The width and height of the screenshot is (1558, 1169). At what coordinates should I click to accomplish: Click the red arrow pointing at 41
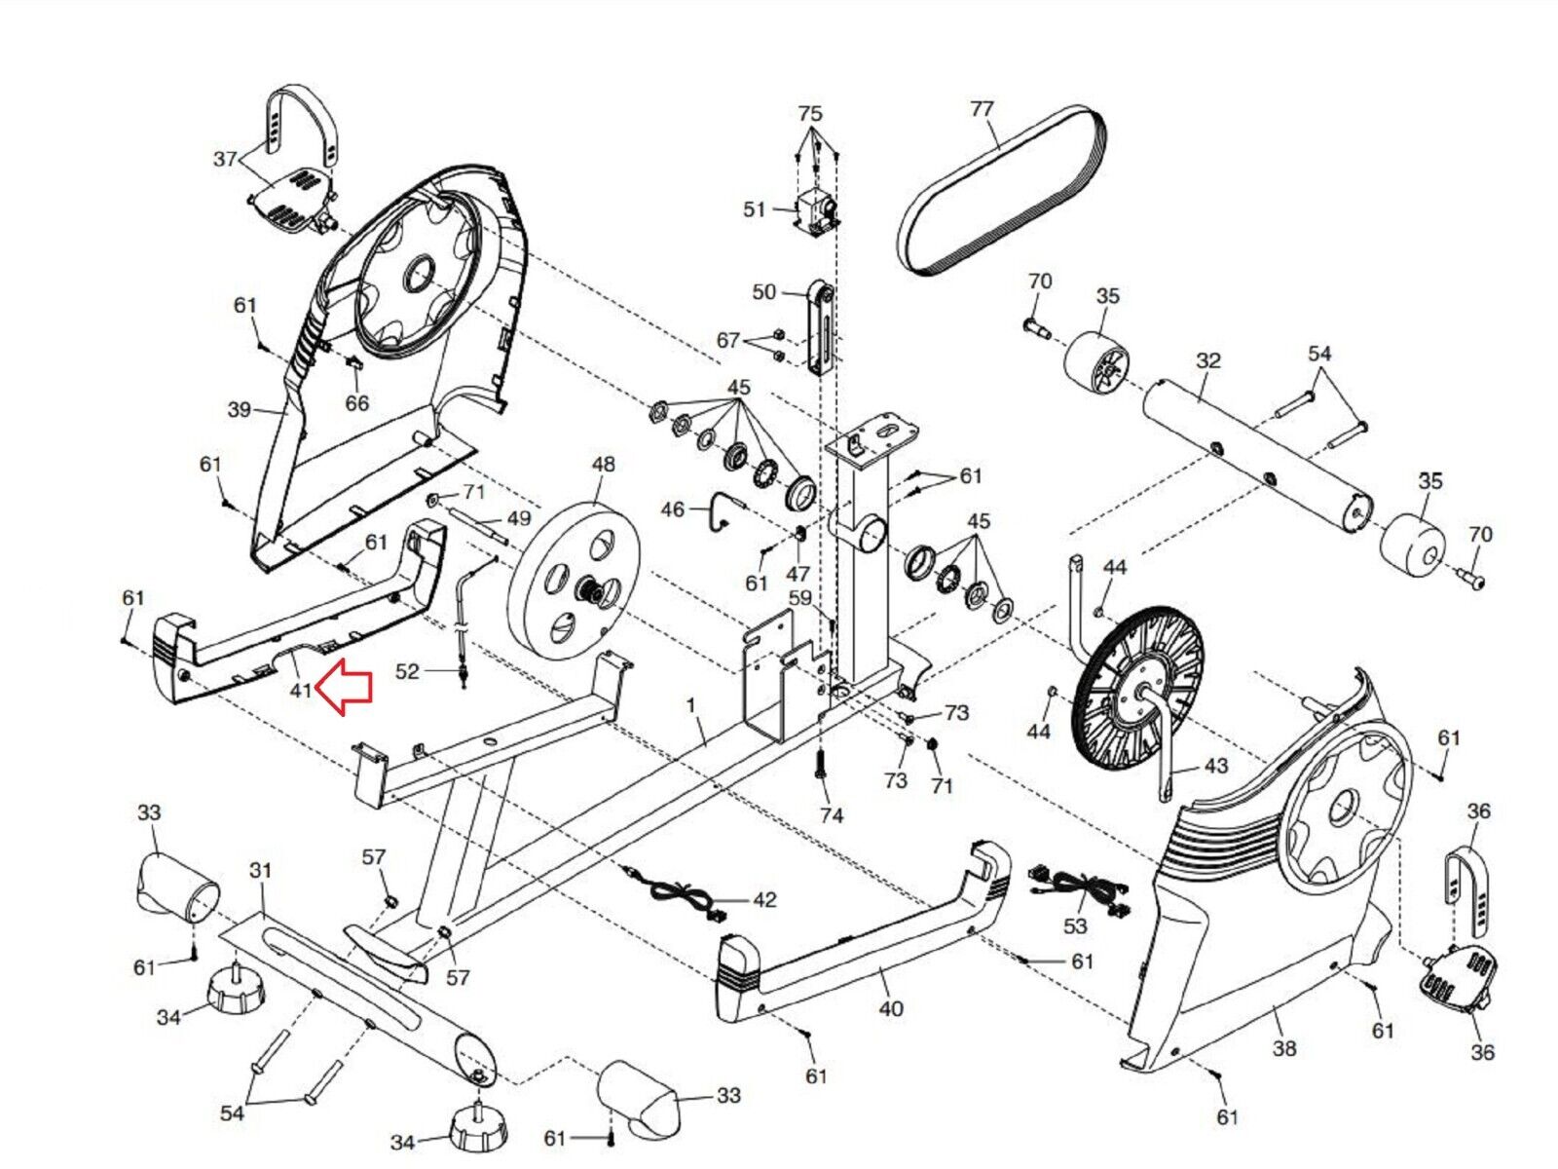344,686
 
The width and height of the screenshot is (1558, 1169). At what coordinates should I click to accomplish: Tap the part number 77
982,110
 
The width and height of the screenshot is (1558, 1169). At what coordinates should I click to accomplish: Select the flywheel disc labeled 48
575,584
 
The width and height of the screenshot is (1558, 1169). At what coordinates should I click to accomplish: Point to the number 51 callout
754,209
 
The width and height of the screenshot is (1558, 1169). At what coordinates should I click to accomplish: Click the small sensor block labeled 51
815,210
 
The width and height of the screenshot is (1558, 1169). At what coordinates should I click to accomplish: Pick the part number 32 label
1208,360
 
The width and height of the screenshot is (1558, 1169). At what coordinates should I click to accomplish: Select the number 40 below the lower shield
891,1008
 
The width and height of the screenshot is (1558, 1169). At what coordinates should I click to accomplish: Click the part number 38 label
1284,1047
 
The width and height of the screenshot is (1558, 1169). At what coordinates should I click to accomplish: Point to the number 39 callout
240,409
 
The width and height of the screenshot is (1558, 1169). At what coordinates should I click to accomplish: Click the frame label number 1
689,706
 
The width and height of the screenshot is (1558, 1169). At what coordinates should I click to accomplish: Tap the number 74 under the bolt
832,815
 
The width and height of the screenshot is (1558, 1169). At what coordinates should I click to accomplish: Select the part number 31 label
261,870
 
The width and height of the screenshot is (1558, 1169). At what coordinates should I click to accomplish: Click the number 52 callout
407,671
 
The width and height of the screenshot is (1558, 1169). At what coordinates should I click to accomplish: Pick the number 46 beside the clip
672,509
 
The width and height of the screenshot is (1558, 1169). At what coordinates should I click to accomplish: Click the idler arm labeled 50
821,328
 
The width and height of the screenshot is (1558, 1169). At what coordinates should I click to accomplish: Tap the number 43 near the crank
1215,766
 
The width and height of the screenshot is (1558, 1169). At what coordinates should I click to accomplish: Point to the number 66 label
357,402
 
